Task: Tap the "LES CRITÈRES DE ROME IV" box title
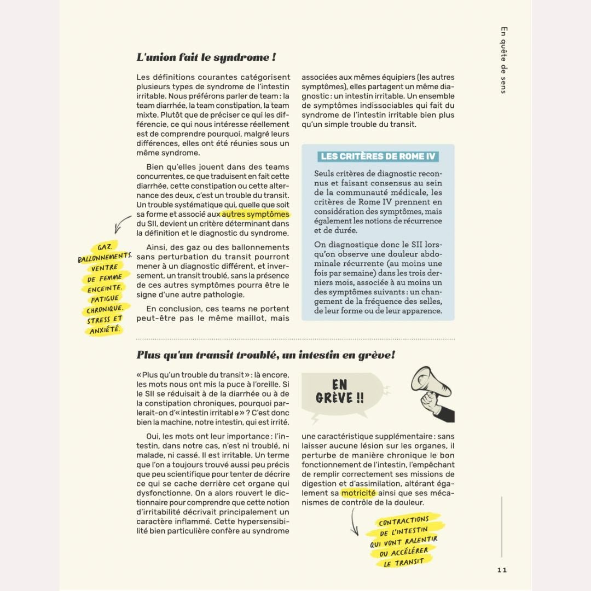tap(378, 156)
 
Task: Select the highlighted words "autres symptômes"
tap(256, 215)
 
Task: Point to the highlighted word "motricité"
tap(358, 493)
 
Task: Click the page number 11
tap(502, 570)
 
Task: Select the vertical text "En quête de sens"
tap(504, 60)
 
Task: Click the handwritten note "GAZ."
tap(105, 247)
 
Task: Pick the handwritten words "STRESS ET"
tap(105, 320)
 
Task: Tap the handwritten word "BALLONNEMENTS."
tap(105, 257)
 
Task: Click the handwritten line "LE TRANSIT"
tap(404, 562)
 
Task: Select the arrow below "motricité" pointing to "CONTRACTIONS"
tap(355, 521)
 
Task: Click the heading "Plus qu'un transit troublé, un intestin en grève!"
tap(265, 355)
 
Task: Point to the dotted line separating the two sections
tap(296, 339)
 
